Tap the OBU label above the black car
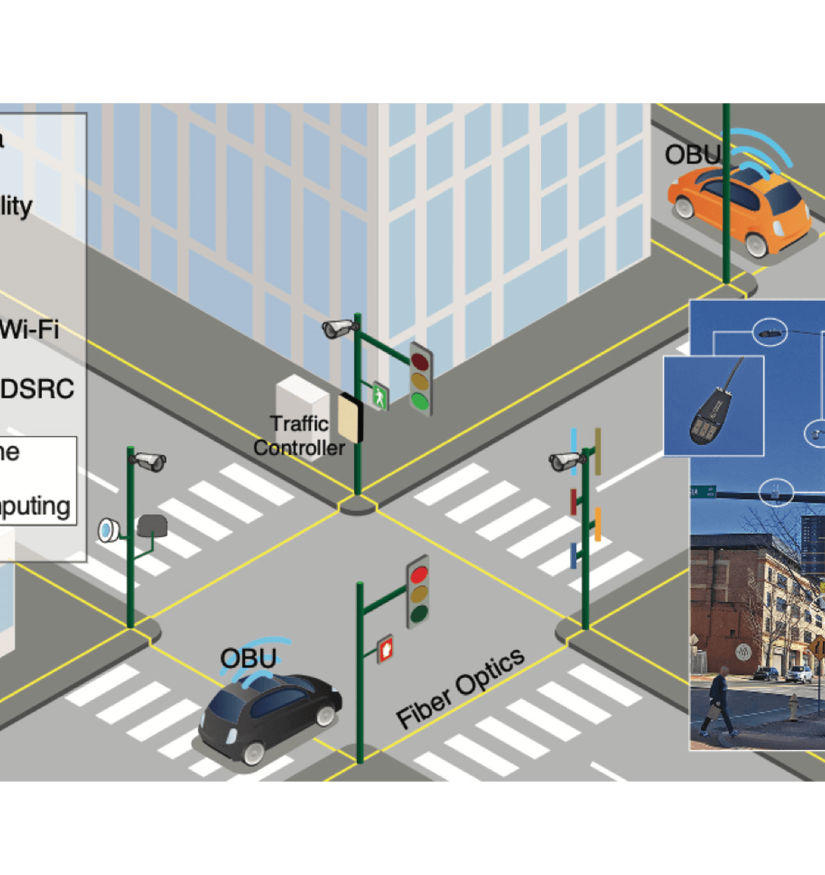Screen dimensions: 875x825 248,658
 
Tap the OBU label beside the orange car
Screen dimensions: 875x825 692,155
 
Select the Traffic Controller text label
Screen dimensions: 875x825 299,436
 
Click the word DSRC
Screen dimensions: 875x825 37,389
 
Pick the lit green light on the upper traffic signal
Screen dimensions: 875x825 420,401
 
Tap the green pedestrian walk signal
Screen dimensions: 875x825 380,396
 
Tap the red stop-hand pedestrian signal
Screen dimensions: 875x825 386,649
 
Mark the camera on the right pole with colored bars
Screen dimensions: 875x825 565,461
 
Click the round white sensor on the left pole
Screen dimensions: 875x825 108,530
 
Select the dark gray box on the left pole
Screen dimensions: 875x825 152,526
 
